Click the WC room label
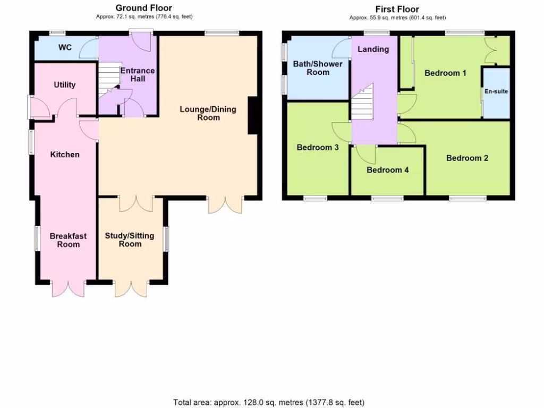pos(65,48)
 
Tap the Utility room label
pos(65,85)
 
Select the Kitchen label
pos(65,155)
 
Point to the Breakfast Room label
pos(69,240)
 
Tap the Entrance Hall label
pos(137,75)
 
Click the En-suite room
pos(496,92)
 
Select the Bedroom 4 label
pos(388,170)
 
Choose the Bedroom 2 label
pos(467,158)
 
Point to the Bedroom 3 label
pos(318,147)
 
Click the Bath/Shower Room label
pos(318,68)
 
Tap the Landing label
pos(373,49)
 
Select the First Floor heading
pos(397,9)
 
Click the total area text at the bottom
pos(269,402)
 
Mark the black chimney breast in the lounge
pos(253,115)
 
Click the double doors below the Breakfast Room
pos(68,288)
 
